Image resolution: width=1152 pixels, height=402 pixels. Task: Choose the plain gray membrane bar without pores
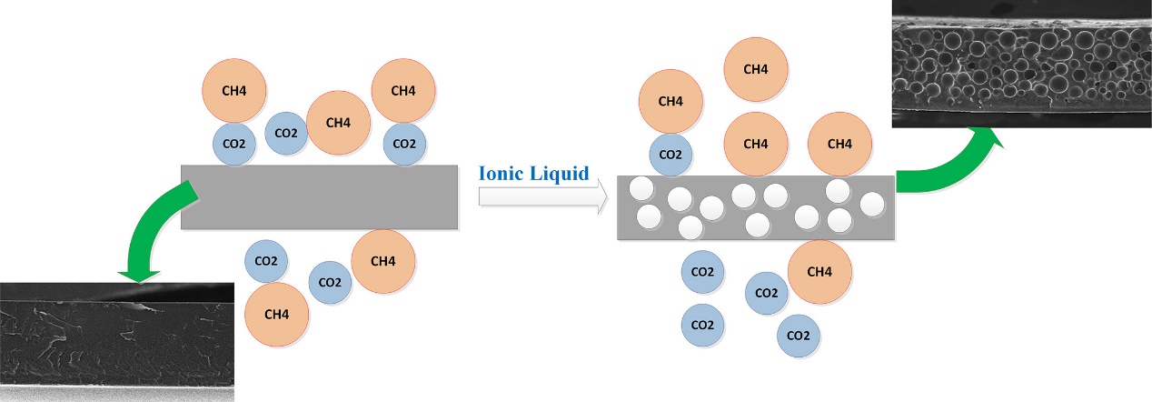(318, 196)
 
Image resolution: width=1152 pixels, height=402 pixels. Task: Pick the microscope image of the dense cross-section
(116, 341)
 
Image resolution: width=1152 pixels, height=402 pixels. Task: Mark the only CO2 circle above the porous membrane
(670, 155)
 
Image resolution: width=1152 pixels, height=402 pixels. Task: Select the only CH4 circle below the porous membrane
(819, 272)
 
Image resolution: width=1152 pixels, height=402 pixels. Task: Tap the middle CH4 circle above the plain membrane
(339, 123)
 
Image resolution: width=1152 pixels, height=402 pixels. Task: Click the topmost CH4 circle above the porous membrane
(755, 69)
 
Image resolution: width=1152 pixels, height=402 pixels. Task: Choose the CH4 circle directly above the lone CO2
(670, 101)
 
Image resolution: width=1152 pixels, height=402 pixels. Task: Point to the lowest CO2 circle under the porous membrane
(799, 336)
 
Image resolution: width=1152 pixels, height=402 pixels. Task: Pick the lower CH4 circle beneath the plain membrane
(277, 315)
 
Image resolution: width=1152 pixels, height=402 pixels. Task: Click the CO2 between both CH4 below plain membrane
(331, 282)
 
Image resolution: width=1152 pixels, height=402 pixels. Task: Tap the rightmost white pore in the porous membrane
(871, 206)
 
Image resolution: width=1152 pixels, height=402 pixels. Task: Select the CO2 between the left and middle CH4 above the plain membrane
(286, 134)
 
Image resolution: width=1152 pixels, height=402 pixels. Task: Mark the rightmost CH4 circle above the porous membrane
(840, 144)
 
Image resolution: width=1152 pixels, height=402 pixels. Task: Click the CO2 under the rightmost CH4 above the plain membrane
(404, 143)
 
